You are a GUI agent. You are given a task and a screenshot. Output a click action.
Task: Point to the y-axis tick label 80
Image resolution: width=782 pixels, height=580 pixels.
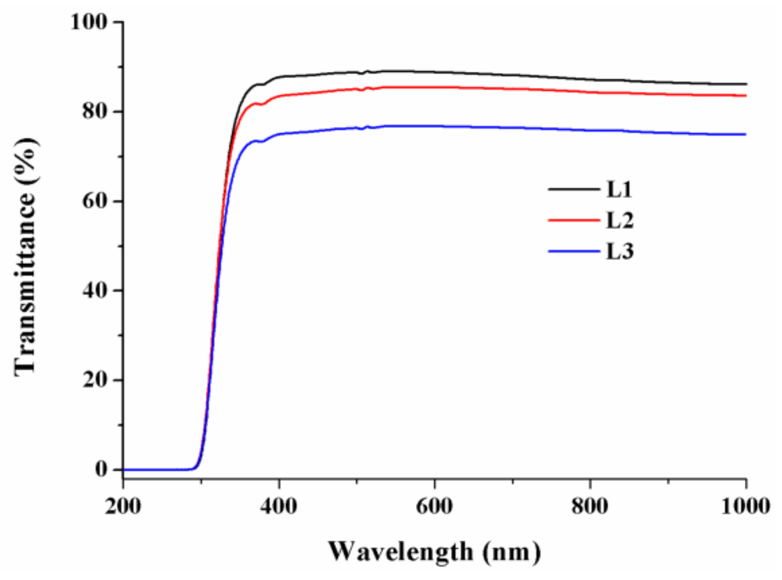tap(95, 111)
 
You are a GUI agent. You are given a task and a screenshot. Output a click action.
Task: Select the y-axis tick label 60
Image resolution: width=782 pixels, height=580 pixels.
tap(95, 201)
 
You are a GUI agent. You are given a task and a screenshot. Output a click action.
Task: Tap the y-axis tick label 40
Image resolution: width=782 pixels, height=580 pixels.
tap(95, 290)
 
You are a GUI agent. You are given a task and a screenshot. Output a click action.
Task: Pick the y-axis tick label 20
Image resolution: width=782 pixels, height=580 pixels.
tap(95, 380)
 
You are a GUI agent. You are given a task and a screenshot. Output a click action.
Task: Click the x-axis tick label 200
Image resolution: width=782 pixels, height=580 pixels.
tap(122, 506)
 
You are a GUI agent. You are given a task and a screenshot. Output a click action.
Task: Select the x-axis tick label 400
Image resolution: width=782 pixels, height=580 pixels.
tap(279, 506)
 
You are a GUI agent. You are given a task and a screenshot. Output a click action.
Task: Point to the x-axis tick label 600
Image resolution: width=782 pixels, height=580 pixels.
tap(434, 506)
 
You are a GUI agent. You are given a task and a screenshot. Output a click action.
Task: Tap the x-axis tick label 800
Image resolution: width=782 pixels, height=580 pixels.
tap(590, 506)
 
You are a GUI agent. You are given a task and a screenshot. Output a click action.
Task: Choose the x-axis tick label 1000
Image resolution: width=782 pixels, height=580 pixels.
tap(745, 506)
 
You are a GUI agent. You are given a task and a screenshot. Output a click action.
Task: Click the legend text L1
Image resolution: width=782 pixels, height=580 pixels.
tap(620, 190)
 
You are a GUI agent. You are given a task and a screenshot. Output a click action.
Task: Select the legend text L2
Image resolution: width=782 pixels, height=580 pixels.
tap(620, 220)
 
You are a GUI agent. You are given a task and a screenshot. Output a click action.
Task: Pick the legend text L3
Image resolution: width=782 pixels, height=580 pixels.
tap(620, 251)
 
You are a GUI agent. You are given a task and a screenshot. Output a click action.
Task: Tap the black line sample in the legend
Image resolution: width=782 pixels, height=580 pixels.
tap(574, 189)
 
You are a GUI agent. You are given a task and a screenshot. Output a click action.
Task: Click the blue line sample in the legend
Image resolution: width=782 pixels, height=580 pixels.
tap(574, 251)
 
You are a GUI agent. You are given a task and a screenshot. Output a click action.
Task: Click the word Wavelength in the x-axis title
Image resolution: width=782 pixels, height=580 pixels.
tap(401, 552)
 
